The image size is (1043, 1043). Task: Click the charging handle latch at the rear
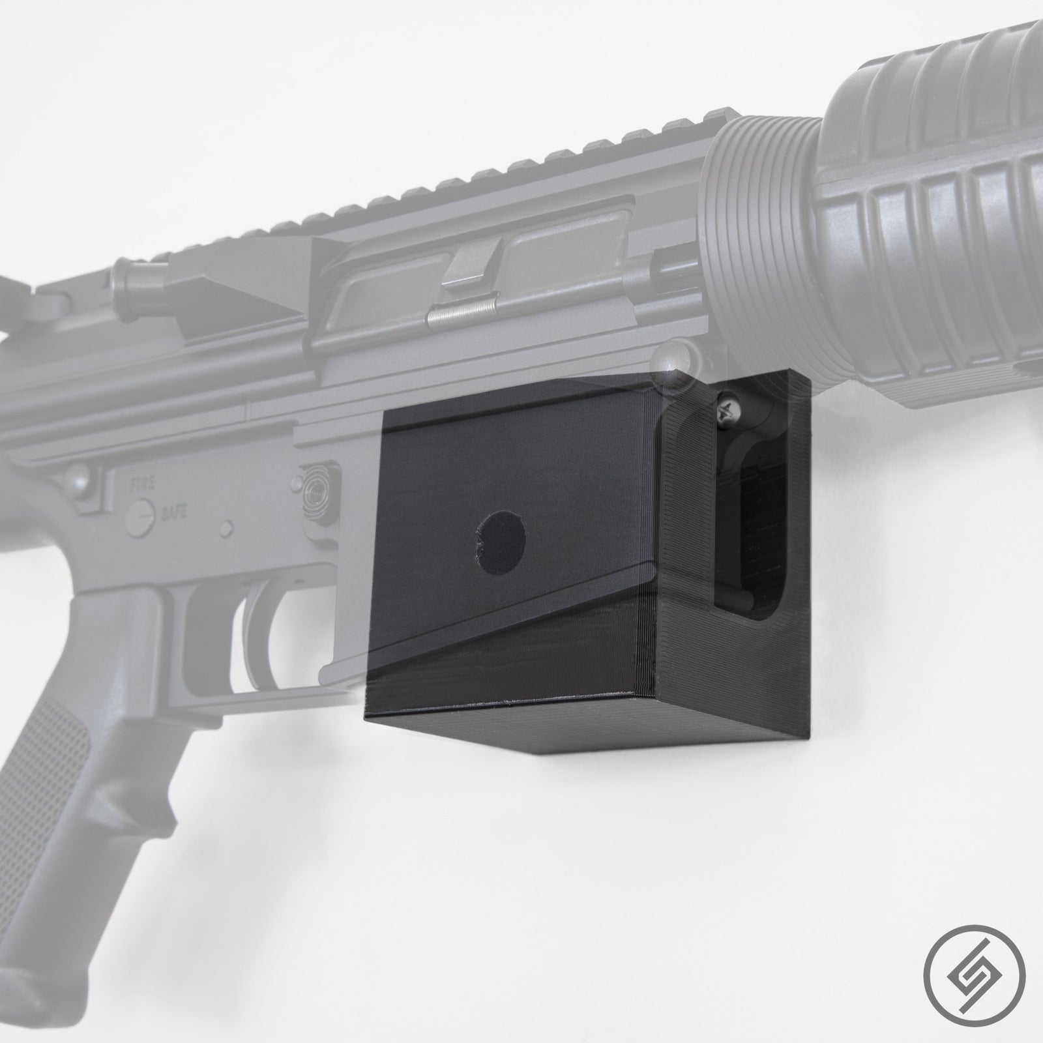tap(26, 287)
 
